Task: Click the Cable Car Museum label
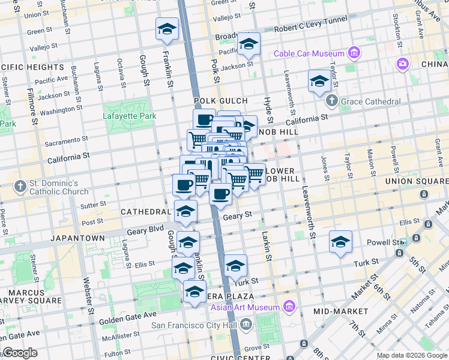tap(310, 53)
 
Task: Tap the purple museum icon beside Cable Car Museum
tap(355, 53)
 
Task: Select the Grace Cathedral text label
tap(370, 101)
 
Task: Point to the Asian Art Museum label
tap(246, 308)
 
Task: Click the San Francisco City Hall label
tap(194, 326)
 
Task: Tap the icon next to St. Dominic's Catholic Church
tap(20, 185)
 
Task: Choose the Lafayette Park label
tap(129, 116)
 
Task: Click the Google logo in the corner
tap(20, 353)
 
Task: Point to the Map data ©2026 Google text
tap(412, 355)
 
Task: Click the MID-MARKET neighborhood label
tap(340, 311)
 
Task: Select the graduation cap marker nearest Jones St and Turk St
tap(340, 242)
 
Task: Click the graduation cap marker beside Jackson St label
tap(248, 44)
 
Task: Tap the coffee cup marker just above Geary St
tap(221, 194)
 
